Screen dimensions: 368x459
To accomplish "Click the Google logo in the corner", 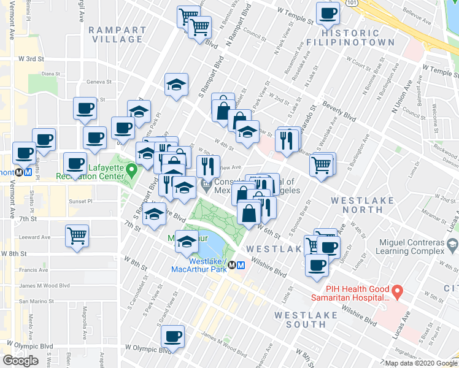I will pyautogui.click(x=20, y=361).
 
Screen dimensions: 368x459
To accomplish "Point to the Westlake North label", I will pyautogui.click(x=360, y=205).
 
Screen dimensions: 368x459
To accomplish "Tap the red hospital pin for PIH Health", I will pyautogui.click(x=397, y=289).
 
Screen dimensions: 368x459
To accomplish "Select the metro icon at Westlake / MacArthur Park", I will pyautogui.click(x=241, y=266).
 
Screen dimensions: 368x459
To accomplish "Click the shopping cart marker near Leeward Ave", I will pyautogui.click(x=77, y=235).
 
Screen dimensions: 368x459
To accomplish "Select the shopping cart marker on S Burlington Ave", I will pyautogui.click(x=322, y=164).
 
